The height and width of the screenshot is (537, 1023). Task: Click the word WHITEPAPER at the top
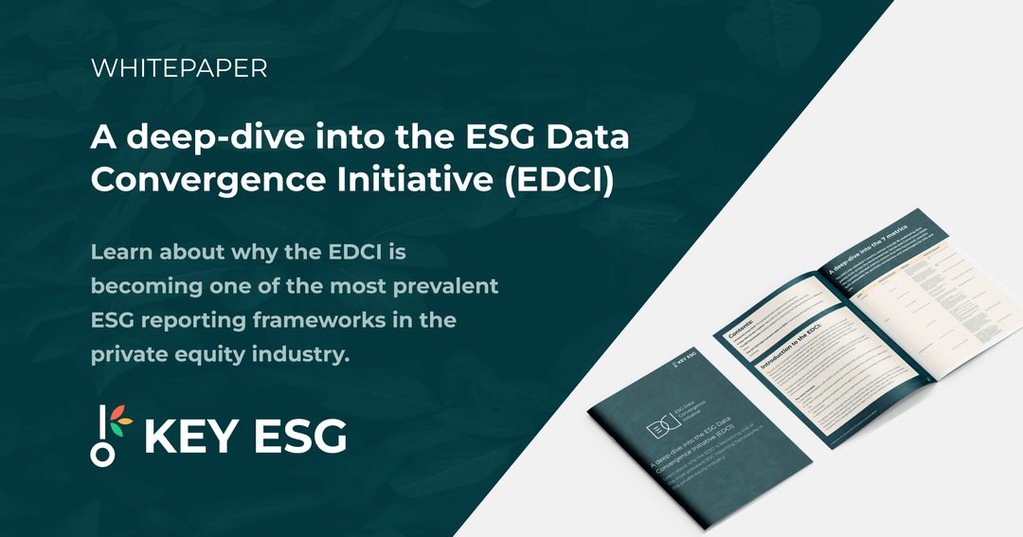click(178, 68)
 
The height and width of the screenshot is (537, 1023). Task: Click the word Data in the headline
click(592, 137)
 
